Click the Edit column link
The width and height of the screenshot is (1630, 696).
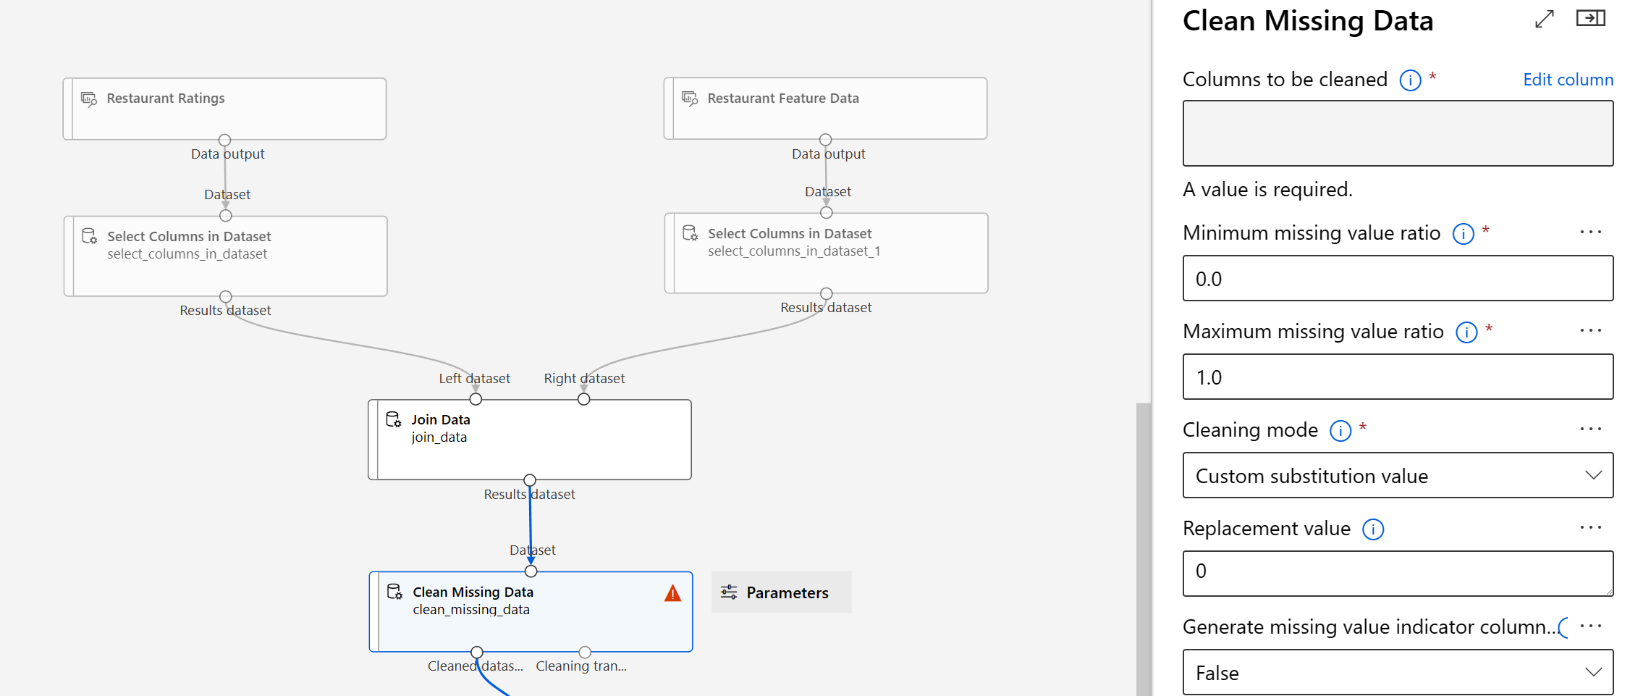[x=1568, y=80]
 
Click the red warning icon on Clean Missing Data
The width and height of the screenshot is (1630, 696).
[x=672, y=594]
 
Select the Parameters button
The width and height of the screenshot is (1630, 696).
[x=781, y=592]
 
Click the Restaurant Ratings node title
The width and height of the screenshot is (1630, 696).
[x=166, y=98]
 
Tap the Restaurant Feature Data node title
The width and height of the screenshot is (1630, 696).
[x=783, y=98]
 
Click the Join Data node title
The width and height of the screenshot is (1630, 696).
[x=441, y=419]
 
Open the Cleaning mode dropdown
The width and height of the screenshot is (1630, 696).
[x=1398, y=476]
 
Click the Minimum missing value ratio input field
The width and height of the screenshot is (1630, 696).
[x=1398, y=279]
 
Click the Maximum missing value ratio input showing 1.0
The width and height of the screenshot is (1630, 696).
[x=1398, y=377]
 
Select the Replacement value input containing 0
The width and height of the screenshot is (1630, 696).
[x=1398, y=573]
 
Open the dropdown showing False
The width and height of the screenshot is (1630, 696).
[x=1398, y=673]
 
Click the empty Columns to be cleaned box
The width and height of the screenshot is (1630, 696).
[x=1398, y=133]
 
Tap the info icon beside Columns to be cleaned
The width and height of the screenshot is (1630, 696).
[x=1410, y=80]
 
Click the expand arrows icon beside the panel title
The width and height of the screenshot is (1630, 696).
[x=1545, y=19]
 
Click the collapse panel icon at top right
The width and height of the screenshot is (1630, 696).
[x=1590, y=18]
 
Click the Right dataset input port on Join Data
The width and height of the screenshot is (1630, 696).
[x=584, y=399]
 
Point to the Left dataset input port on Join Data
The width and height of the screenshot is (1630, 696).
[x=476, y=399]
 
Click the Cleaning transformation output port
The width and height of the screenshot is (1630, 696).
[x=585, y=652]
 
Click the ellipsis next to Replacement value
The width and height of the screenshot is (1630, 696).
[x=1590, y=527]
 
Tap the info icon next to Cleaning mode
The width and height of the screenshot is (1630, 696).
[x=1340, y=431]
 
